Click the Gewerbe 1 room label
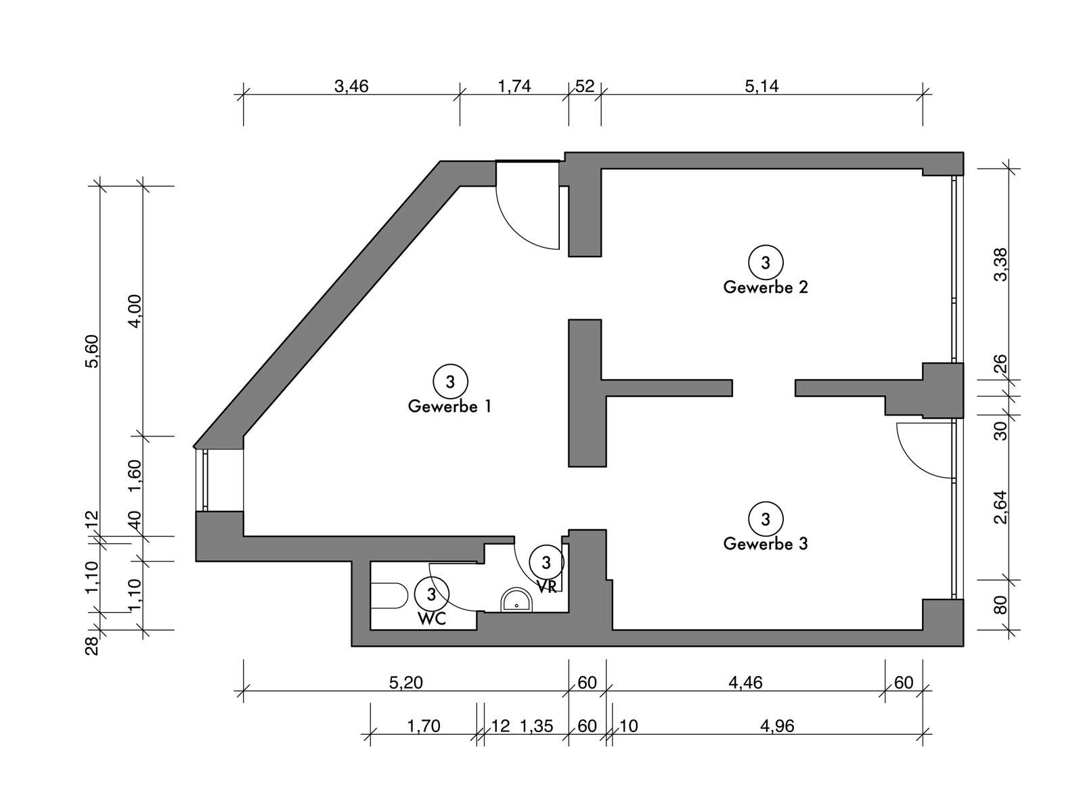point(449,407)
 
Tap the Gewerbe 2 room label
point(766,288)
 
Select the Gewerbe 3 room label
point(766,544)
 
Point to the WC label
point(432,619)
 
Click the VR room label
point(547,587)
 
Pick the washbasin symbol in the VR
point(516,600)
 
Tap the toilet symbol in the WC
point(389,596)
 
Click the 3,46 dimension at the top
point(351,87)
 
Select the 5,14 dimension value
point(761,87)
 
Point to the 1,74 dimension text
point(514,87)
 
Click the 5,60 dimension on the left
point(92,351)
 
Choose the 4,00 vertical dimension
point(135,311)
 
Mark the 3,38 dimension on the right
point(1001,265)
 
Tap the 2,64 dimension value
point(1001,507)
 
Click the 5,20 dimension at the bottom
point(406,683)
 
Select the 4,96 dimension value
point(777,726)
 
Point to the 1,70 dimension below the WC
point(423,726)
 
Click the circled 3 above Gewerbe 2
point(766,263)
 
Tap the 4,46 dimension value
point(745,683)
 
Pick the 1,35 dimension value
point(537,726)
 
